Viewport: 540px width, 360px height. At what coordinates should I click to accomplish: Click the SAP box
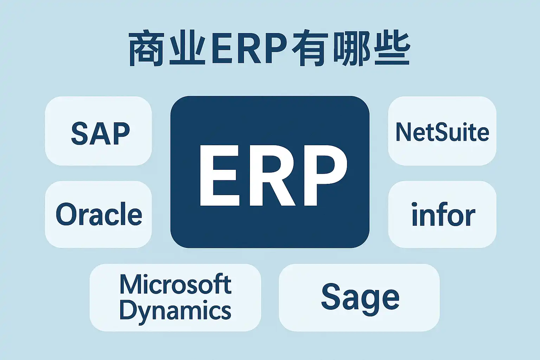point(98,131)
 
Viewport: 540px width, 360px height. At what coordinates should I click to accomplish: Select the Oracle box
point(98,214)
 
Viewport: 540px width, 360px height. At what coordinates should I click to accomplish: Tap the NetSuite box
point(442,131)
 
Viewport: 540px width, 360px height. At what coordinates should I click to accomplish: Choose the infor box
point(442,214)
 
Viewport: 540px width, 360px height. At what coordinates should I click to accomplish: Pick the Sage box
point(359,297)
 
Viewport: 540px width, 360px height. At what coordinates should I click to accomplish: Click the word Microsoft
point(175,284)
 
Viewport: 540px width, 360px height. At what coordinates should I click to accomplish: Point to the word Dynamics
point(175,310)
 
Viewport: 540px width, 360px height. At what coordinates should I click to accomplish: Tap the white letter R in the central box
point(269,176)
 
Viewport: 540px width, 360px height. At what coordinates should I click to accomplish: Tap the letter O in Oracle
point(66,214)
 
